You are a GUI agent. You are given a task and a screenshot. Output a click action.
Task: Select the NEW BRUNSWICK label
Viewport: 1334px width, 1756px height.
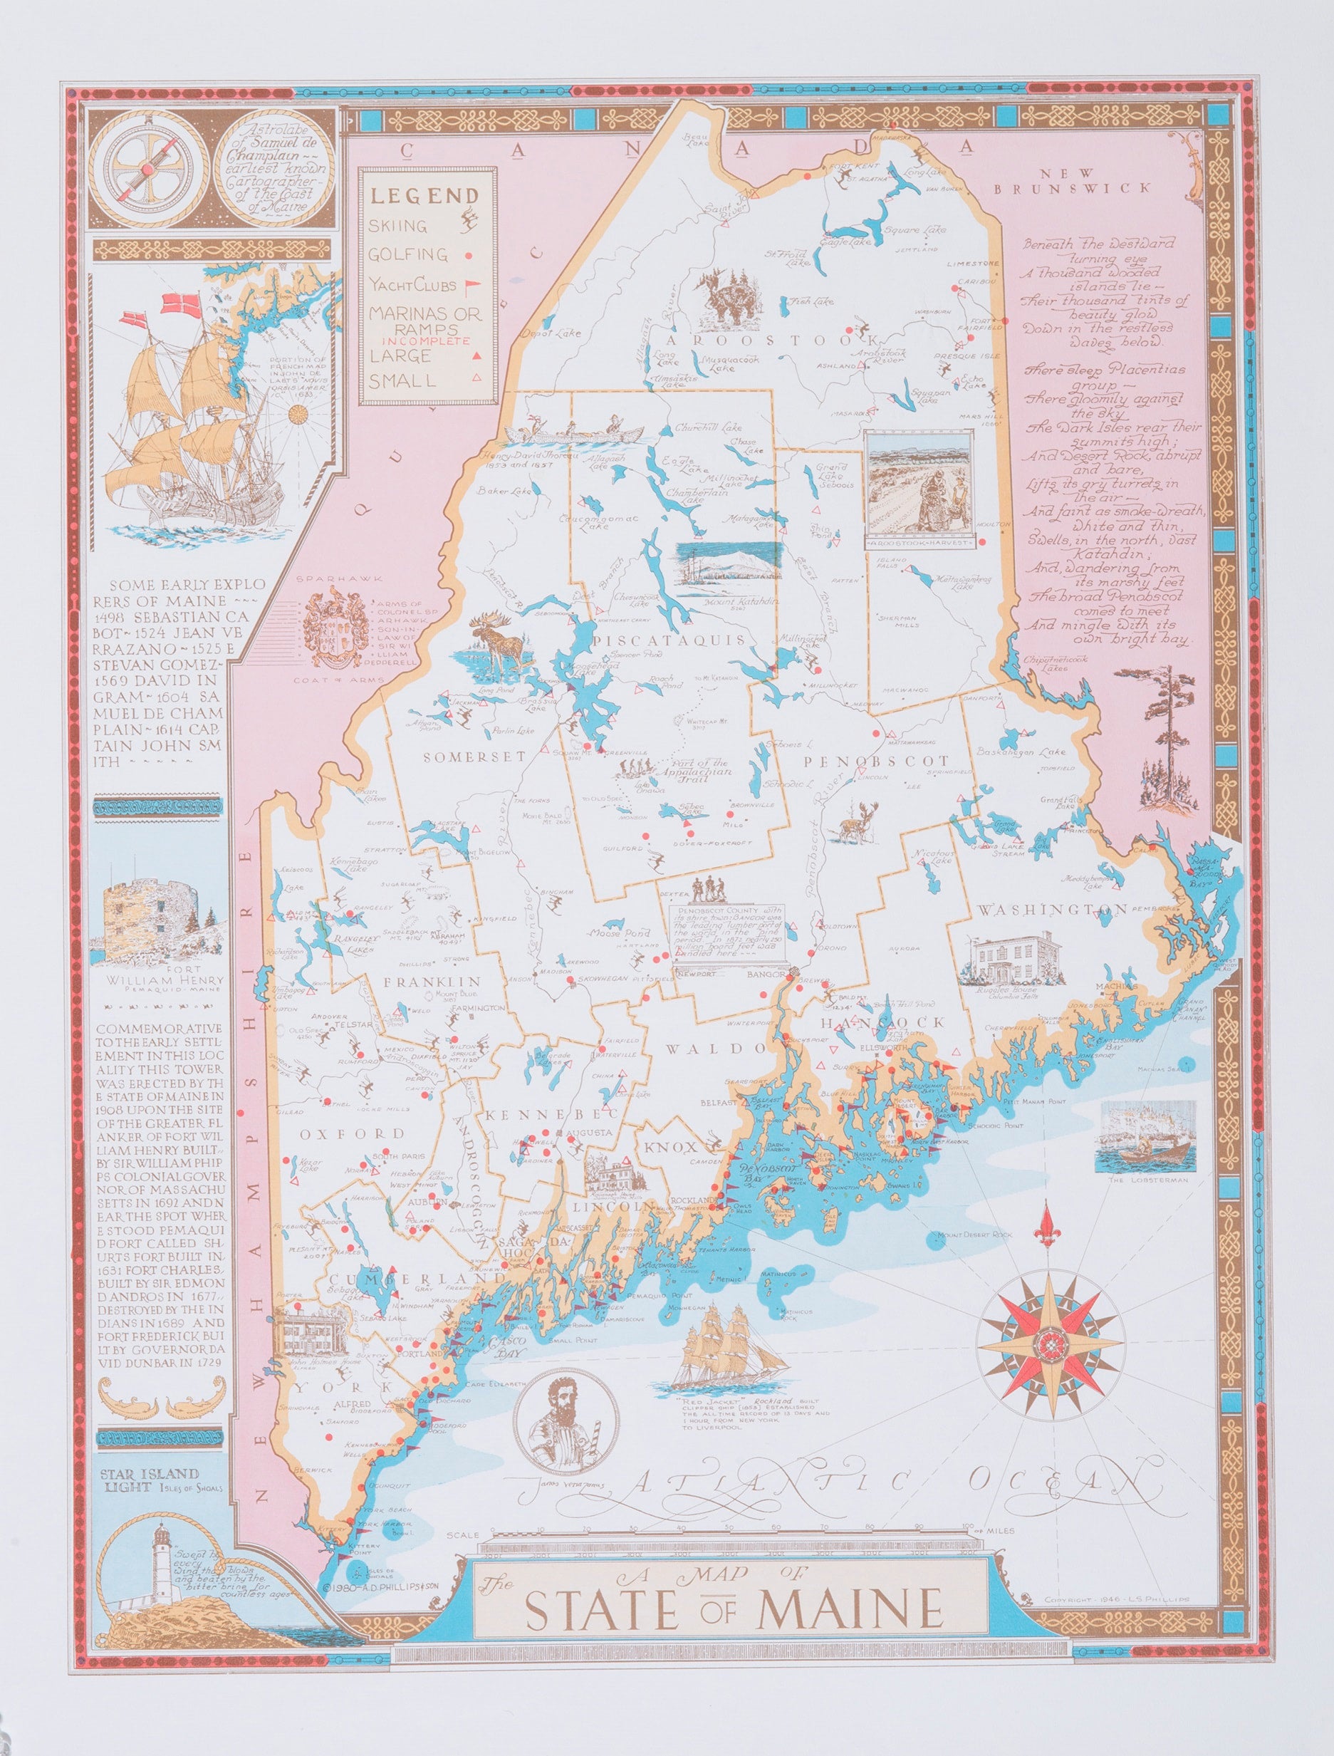click(1072, 181)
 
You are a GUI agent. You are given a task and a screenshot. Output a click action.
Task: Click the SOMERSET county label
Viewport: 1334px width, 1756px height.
click(464, 757)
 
